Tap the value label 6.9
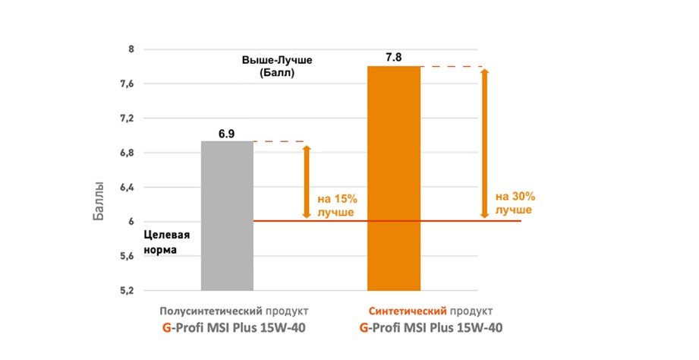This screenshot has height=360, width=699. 226,134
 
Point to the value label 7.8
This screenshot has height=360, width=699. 393,58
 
